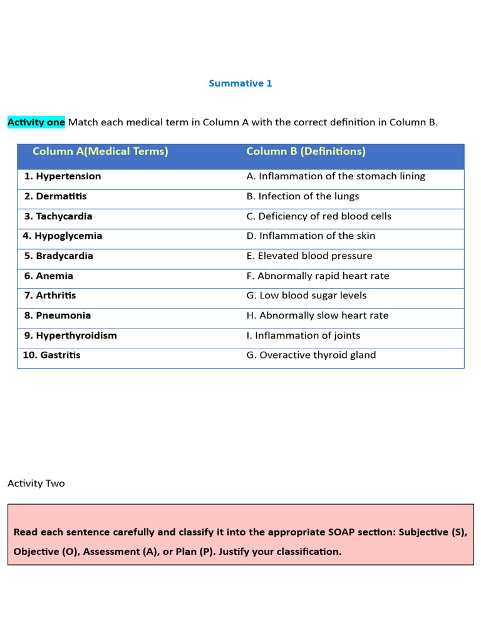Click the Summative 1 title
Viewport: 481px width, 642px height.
[x=240, y=83]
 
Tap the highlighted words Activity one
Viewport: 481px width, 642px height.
[x=36, y=122]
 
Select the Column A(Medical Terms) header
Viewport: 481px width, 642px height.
[x=100, y=152]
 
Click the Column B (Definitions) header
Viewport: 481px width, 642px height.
[x=306, y=152]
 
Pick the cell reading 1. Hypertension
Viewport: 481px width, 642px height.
[x=63, y=176]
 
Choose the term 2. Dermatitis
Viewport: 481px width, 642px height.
[x=56, y=196]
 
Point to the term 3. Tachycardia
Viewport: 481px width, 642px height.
[x=58, y=216]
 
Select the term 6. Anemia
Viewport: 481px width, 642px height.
[x=49, y=276]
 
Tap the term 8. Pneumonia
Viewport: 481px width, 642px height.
[x=58, y=315]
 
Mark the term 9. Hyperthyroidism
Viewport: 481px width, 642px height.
[x=71, y=335]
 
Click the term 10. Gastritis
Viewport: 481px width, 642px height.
[x=52, y=355]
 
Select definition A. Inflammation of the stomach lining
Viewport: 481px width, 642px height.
[x=336, y=176]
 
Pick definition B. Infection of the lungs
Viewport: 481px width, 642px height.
[x=303, y=196]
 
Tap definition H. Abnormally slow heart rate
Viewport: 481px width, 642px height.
[x=318, y=315]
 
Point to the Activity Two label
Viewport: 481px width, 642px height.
[x=36, y=483]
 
